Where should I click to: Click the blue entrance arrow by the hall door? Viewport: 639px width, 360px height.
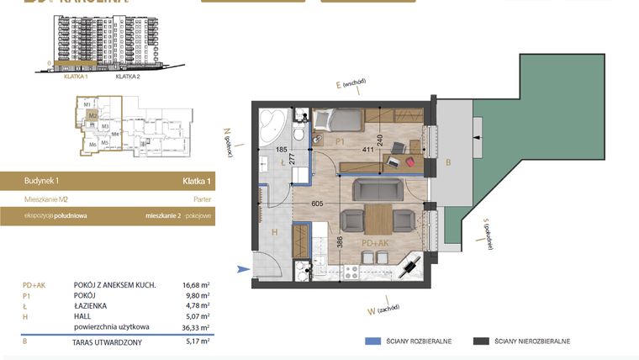pos(244,269)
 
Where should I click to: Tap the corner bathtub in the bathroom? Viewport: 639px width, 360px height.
pos(272,124)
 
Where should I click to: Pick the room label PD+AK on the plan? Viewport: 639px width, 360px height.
pos(374,244)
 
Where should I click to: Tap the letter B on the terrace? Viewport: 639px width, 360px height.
pos(448,161)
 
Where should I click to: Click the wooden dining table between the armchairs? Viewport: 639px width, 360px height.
pos(378,220)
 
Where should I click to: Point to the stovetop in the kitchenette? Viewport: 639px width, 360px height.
pos(349,271)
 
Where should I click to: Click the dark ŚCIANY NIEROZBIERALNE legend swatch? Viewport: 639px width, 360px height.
pos(481,341)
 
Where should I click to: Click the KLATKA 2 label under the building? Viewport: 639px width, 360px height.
pos(127,77)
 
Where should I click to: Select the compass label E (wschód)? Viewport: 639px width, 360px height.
pos(351,83)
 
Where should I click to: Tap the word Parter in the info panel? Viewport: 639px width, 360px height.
pos(202,200)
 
